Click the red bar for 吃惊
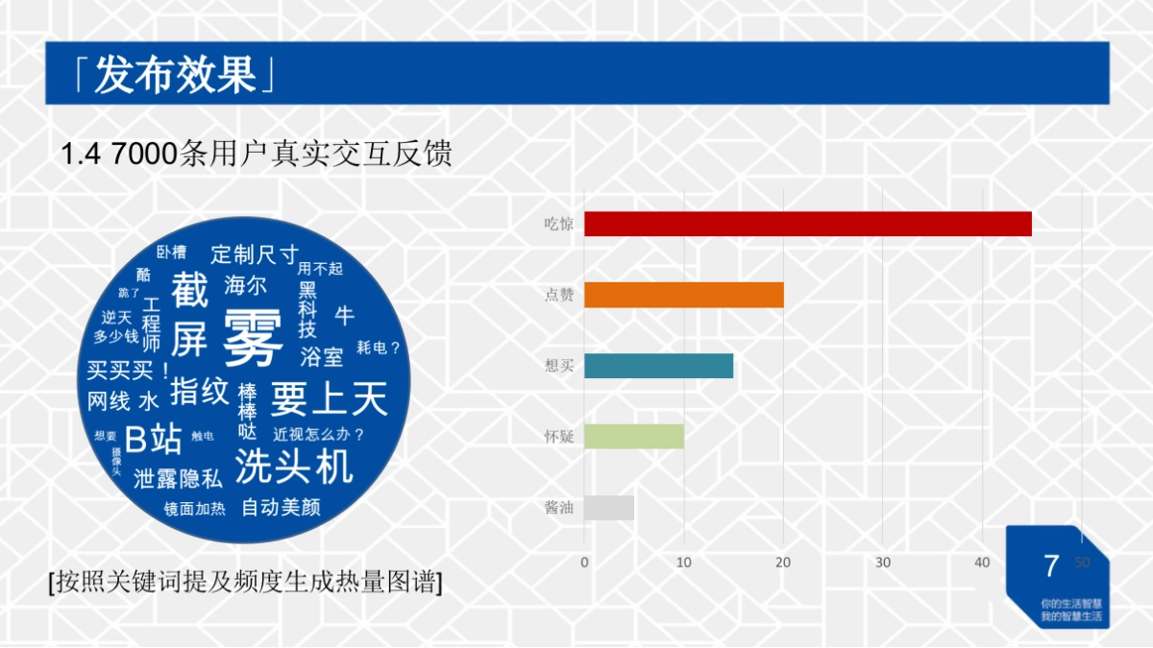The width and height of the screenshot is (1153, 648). pyautogui.click(x=807, y=224)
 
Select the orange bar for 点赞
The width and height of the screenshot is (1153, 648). pyautogui.click(x=683, y=295)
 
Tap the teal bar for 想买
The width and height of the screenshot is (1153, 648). pyautogui.click(x=658, y=366)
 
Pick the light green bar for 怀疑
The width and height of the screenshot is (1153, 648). pyautogui.click(x=633, y=437)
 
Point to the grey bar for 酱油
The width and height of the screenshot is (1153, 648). pyautogui.click(x=608, y=508)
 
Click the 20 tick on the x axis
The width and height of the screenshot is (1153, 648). pyautogui.click(x=784, y=563)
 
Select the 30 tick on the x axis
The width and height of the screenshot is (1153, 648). pyautogui.click(x=883, y=563)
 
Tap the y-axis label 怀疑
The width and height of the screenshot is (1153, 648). pyautogui.click(x=559, y=437)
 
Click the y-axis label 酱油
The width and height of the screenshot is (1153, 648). pyautogui.click(x=559, y=508)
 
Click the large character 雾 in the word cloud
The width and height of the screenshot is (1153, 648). pyautogui.click(x=253, y=339)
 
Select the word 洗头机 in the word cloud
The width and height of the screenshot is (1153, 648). pyautogui.click(x=294, y=467)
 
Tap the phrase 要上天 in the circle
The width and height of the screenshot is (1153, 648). pyautogui.click(x=329, y=397)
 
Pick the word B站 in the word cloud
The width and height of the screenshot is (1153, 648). pyautogui.click(x=154, y=440)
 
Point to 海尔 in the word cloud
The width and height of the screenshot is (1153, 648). pyautogui.click(x=245, y=285)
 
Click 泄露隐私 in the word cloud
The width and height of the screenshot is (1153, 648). pyautogui.click(x=178, y=478)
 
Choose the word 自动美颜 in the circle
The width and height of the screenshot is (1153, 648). pyautogui.click(x=281, y=507)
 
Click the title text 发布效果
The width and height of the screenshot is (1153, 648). pyautogui.click(x=175, y=75)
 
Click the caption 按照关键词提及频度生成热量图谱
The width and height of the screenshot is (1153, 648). pyautogui.click(x=245, y=582)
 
